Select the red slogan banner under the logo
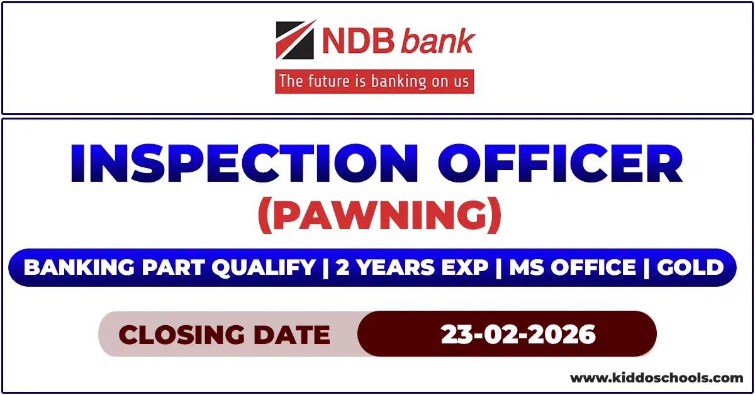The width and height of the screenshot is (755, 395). tap(374, 82)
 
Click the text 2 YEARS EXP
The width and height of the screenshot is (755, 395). tap(412, 268)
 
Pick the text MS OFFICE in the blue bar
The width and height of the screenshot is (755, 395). tap(573, 268)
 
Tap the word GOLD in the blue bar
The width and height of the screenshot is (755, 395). tap(690, 268)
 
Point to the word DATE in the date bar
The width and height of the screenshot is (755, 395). tap(296, 335)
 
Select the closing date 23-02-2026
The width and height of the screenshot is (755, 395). tap(518, 334)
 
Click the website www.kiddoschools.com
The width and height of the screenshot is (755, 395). tap(656, 378)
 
